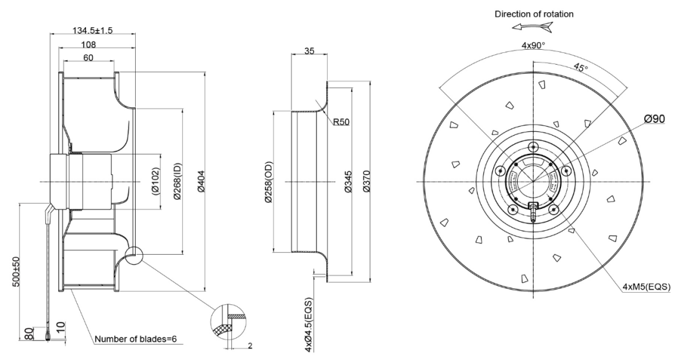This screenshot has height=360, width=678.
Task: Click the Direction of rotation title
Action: point(533,13)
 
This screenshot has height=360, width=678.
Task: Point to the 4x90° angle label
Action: point(533,46)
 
